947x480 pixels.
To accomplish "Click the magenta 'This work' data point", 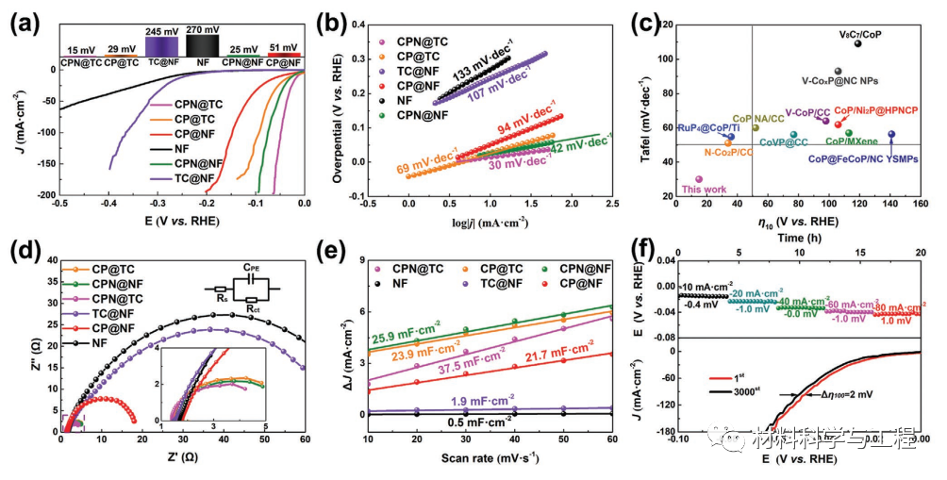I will [699, 179].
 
